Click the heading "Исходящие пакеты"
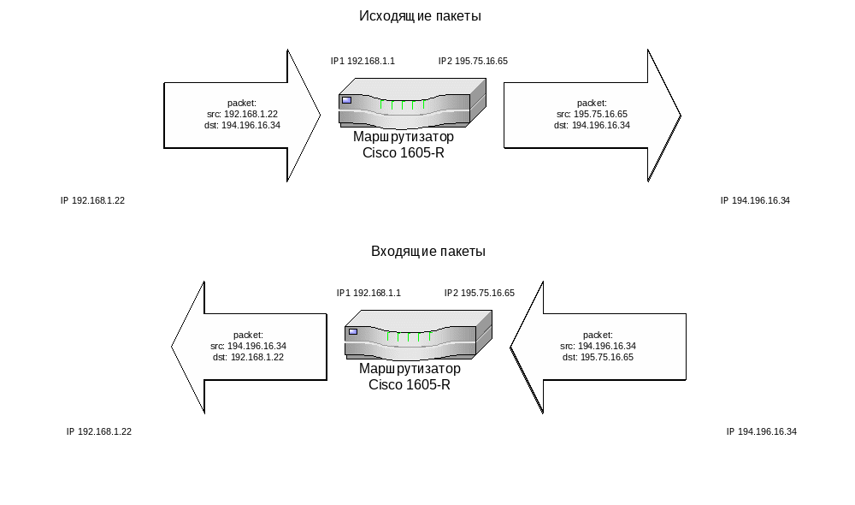coord(420,16)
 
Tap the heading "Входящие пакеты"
coord(428,252)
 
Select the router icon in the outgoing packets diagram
coord(412,102)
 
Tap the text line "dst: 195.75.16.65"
coord(598,357)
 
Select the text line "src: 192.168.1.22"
coord(242,114)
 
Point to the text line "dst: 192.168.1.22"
coord(248,357)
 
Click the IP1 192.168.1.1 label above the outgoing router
coord(363,62)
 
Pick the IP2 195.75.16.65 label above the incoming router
coord(479,293)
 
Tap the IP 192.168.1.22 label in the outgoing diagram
coord(92,200)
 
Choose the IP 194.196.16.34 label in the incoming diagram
coord(761,431)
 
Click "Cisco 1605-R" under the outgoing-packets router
coord(404,153)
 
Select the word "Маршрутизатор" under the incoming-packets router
coord(410,369)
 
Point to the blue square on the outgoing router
coord(346,100)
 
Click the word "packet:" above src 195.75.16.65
coord(592,103)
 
